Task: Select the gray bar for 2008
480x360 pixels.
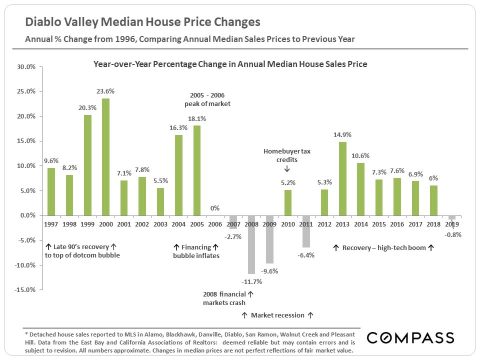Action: [251, 244]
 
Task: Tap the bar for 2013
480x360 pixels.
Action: [342, 178]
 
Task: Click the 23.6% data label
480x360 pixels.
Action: [105, 91]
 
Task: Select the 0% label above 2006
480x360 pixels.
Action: [215, 208]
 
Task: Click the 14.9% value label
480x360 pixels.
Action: [342, 134]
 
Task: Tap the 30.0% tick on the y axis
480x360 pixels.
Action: [25, 67]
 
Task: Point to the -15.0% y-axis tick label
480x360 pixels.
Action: [24, 289]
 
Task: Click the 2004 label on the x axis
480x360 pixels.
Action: [178, 224]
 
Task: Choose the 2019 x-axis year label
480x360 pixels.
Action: [452, 224]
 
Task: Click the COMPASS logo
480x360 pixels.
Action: [410, 337]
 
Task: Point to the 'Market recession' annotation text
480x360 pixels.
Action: [277, 315]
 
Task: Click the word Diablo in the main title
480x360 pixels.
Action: [42, 22]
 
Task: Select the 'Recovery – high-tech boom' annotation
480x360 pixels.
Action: [383, 247]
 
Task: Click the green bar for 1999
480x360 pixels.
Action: [87, 165]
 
